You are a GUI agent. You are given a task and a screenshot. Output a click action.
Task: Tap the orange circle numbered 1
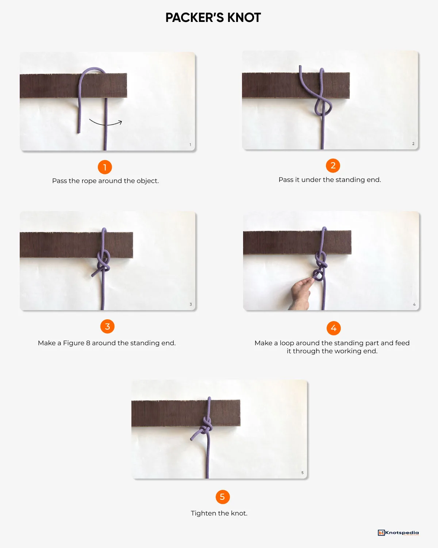tap(105, 167)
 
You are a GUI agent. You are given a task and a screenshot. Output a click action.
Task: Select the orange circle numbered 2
tap(333, 165)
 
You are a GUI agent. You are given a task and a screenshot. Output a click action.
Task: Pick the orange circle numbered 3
tap(107, 326)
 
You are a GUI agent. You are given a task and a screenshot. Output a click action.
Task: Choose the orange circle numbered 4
tap(334, 328)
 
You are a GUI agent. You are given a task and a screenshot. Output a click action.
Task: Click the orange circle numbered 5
tap(222, 497)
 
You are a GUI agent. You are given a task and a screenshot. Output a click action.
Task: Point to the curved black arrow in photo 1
tap(105, 123)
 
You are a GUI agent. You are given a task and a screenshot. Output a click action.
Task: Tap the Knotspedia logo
tap(398, 533)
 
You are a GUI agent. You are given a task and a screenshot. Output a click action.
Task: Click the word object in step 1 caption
tap(147, 181)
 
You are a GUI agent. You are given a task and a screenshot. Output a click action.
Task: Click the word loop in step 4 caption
tap(287, 343)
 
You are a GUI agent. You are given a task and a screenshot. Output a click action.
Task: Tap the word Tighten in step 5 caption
tap(203, 513)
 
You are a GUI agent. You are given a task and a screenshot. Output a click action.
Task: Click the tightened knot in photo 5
tap(207, 426)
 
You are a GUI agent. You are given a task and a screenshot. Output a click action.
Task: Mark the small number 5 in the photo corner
tap(302, 473)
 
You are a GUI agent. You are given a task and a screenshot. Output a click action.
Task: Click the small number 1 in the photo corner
tap(190, 145)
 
